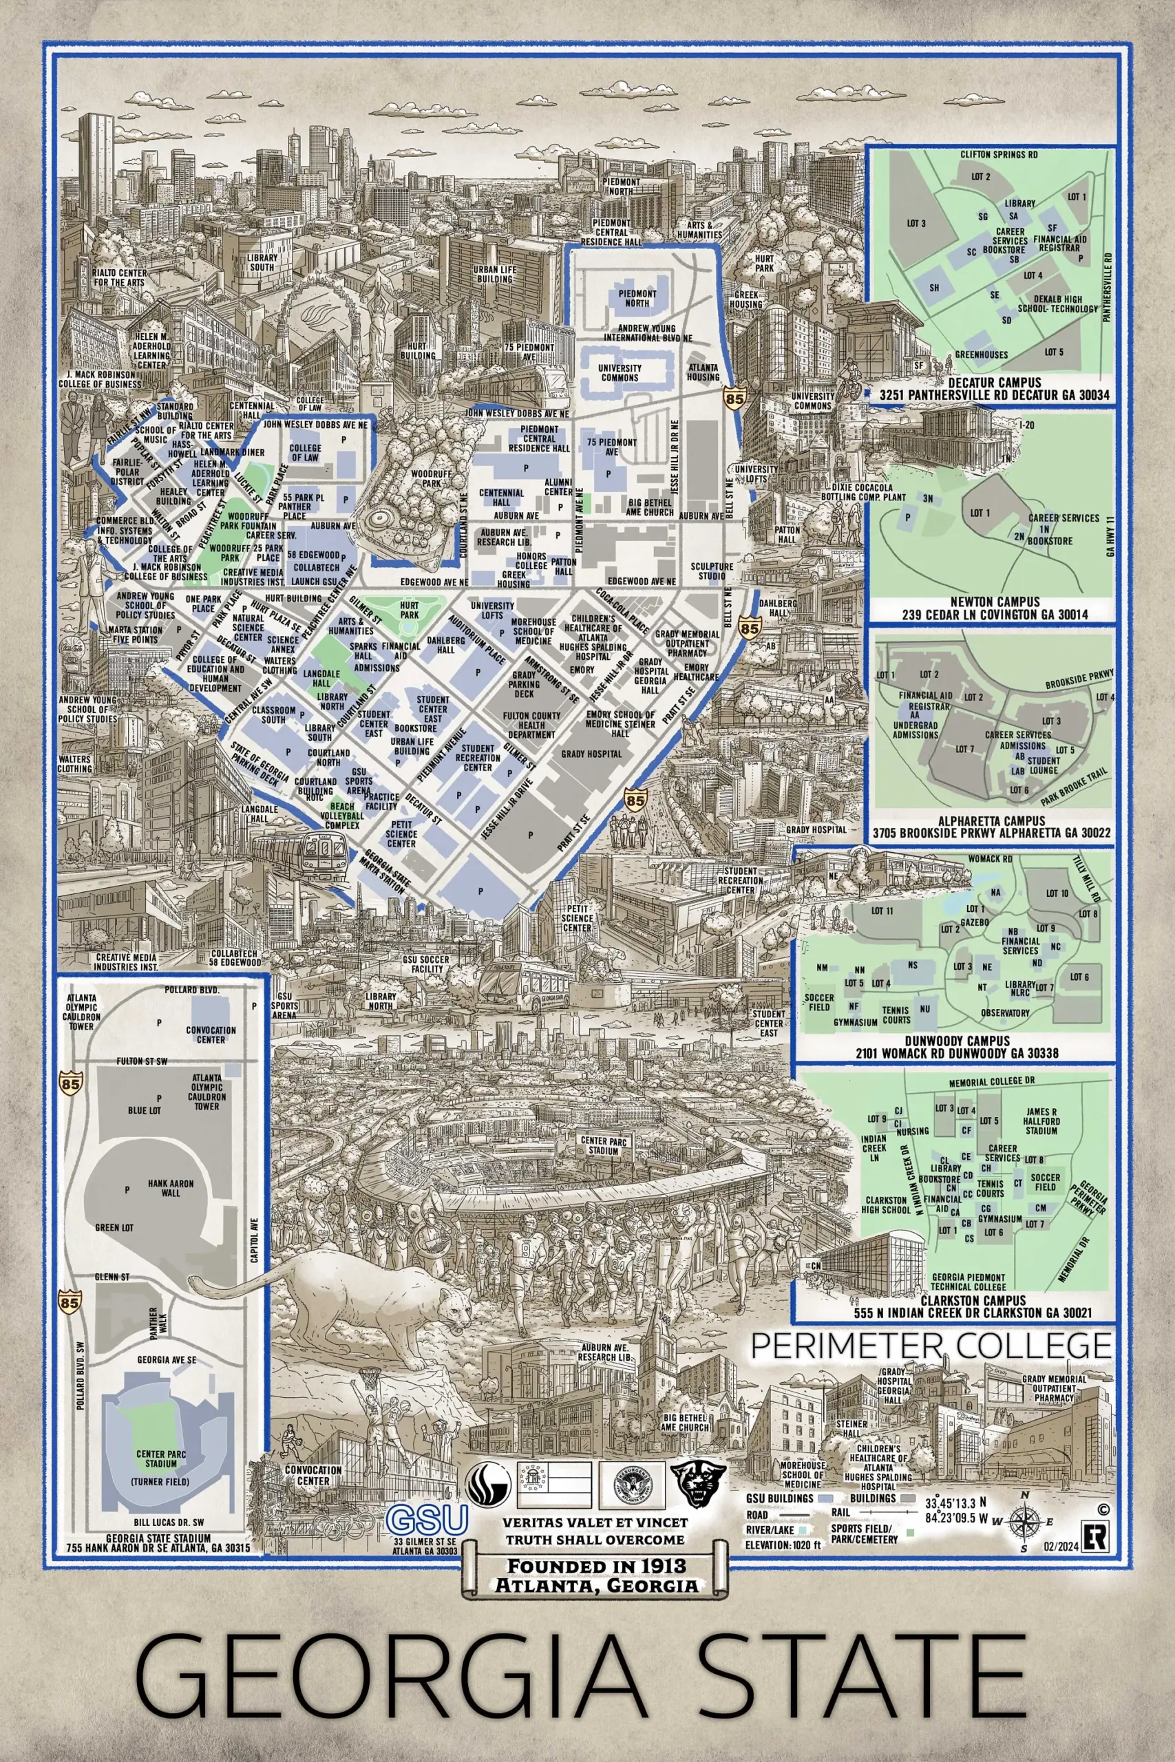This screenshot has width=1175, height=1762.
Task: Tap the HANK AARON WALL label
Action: [171, 1188]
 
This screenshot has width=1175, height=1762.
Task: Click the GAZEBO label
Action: [975, 922]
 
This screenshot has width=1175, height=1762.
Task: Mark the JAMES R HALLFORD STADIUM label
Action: [1041, 1121]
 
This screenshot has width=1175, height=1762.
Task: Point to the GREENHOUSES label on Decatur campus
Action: [981, 354]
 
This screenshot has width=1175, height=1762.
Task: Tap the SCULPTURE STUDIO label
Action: [712, 571]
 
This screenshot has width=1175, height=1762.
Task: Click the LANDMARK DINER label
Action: [232, 452]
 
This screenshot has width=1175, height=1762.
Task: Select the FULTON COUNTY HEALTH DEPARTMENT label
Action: [531, 725]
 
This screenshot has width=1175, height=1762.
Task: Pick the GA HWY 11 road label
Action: [1110, 535]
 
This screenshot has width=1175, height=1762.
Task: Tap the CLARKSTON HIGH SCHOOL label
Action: [886, 1204]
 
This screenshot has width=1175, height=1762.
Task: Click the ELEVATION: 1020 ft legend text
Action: [783, 1545]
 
